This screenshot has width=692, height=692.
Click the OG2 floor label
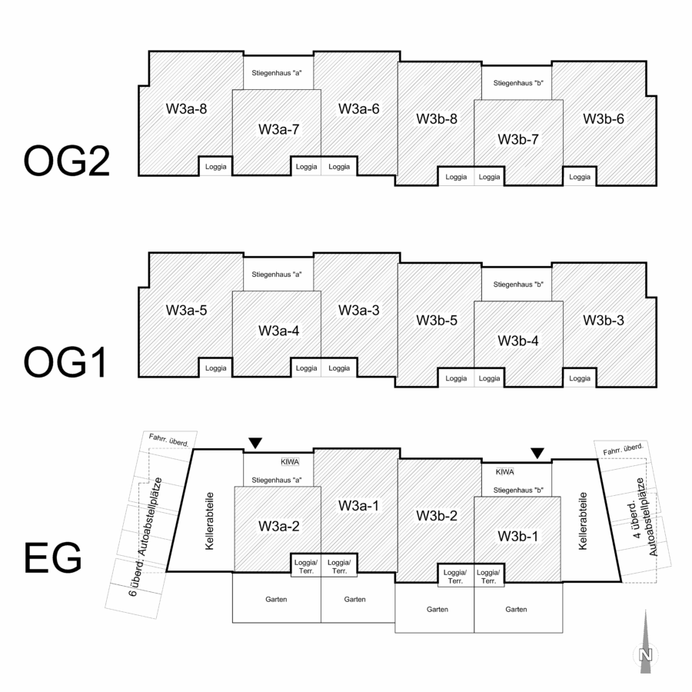tap(66, 161)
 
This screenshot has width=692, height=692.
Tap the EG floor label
tap(53, 558)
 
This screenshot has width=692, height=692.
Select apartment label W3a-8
tap(186, 108)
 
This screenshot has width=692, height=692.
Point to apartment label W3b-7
tap(518, 139)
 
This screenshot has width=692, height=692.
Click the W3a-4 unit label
tap(278, 331)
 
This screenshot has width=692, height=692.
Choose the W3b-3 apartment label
tap(604, 320)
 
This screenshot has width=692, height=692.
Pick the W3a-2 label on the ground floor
tap(278, 526)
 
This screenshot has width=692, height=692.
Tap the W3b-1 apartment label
tap(518, 536)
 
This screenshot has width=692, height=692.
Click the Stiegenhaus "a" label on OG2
tap(277, 73)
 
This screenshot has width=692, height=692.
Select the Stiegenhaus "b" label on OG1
tap(518, 284)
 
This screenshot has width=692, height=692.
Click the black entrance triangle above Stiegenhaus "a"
tap(255, 443)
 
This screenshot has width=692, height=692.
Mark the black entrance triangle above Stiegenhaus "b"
tap(537, 453)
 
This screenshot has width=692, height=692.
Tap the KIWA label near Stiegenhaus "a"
tap(290, 461)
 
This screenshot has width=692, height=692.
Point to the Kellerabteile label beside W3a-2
tap(210, 521)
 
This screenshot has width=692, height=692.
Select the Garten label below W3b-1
tap(516, 609)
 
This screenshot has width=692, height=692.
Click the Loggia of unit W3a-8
tap(216, 166)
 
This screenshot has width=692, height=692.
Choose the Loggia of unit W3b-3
tap(580, 378)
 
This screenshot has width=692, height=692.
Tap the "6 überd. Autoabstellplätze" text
tap(145, 537)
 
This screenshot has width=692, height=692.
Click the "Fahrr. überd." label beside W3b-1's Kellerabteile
tap(623, 449)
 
